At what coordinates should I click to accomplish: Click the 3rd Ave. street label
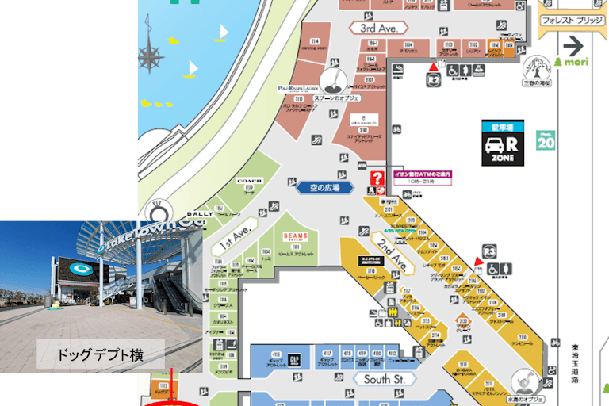[x=379, y=28]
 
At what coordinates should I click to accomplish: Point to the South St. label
[x=385, y=380]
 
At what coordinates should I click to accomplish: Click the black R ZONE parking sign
[x=503, y=144]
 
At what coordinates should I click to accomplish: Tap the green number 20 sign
[x=546, y=141]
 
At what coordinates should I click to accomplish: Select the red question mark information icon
[x=377, y=178]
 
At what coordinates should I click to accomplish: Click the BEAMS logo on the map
[x=296, y=236]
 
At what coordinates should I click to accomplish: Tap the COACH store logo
[x=249, y=181]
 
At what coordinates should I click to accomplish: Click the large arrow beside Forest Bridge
[x=573, y=44]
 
